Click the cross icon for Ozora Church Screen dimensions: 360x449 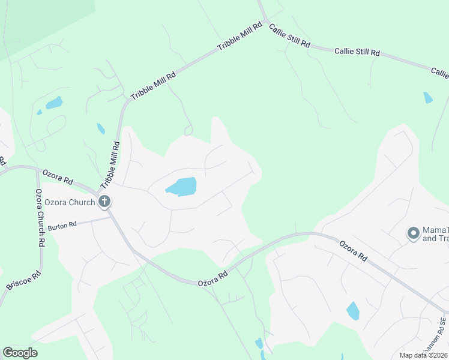[x=104, y=202]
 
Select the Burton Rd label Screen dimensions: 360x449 [x=63, y=225]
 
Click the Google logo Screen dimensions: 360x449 [x=20, y=353]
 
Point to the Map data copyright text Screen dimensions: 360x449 [x=424, y=355]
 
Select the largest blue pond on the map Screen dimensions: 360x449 [x=182, y=187]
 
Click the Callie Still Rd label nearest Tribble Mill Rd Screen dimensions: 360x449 [x=289, y=36]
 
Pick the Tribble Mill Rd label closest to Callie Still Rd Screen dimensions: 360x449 [x=240, y=37]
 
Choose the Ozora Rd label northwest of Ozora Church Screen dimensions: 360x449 [x=57, y=177]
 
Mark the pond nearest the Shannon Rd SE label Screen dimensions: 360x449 [x=353, y=311]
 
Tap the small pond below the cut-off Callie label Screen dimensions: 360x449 [x=427, y=97]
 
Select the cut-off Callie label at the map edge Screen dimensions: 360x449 [x=440, y=73]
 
